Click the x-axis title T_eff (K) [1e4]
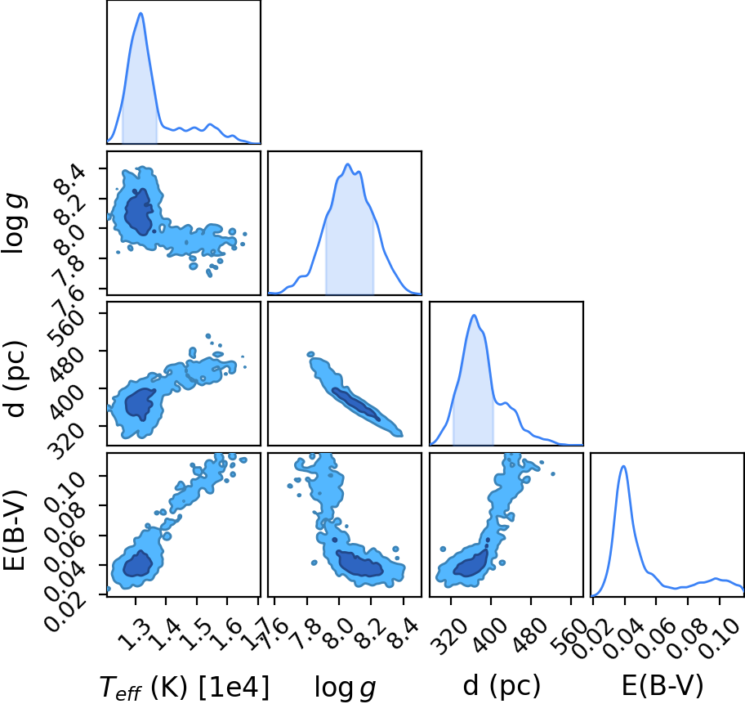pyautogui.click(x=185, y=686)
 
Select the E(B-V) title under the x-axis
pyautogui.click(x=662, y=686)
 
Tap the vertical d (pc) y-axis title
pyautogui.click(x=16, y=379)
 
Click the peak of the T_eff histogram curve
pyautogui.click(x=141, y=13)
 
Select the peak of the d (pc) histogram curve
pyautogui.click(x=474, y=315)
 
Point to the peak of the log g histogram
pyautogui.click(x=348, y=164)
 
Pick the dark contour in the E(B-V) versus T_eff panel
pyautogui.click(x=138, y=563)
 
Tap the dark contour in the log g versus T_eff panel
pyautogui.click(x=139, y=212)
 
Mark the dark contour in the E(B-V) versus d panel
pyautogui.click(x=471, y=563)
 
